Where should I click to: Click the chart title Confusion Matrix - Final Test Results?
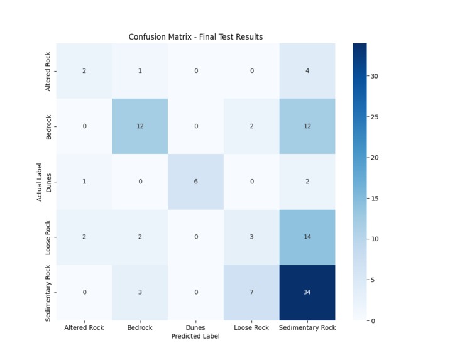click(195, 36)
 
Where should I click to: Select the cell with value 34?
click(307, 293)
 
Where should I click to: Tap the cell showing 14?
click(307, 237)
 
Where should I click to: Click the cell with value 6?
click(195, 182)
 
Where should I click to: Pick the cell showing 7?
click(251, 293)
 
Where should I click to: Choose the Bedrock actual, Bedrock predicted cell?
click(140, 126)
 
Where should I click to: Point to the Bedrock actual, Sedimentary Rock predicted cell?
click(307, 126)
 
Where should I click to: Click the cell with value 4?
click(307, 71)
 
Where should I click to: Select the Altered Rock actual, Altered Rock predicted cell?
click(84, 71)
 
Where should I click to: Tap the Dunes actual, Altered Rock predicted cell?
click(84, 182)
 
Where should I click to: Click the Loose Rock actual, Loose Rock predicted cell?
click(251, 237)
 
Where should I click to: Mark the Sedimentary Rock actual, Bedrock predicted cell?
click(140, 293)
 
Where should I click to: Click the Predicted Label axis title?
click(195, 336)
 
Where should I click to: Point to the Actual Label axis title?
click(40, 182)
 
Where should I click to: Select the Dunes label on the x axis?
click(195, 327)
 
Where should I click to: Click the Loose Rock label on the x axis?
click(251, 327)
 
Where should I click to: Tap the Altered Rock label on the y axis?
click(48, 72)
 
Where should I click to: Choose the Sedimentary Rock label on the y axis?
click(48, 293)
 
